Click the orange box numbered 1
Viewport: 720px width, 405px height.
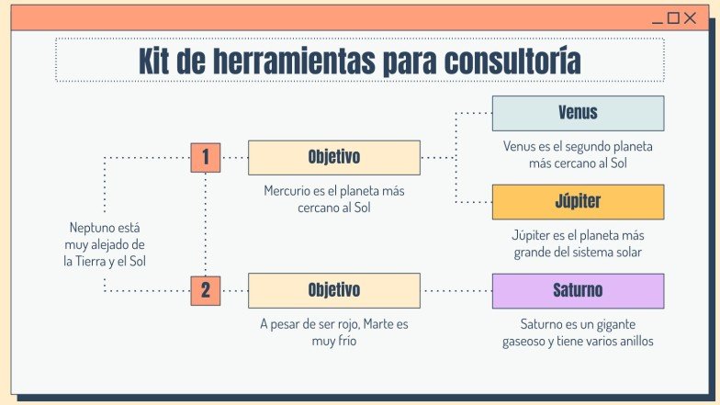coord(205,158)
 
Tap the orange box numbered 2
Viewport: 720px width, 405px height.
coord(205,290)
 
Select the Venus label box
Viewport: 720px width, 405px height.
coord(578,113)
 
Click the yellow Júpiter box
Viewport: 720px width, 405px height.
coord(578,201)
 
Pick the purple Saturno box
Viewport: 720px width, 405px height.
coord(578,290)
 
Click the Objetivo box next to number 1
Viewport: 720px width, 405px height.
coord(333,158)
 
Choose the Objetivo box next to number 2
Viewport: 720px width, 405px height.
coord(333,290)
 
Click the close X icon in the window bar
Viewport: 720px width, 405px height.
coord(690,17)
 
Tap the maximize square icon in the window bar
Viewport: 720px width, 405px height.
coord(673,17)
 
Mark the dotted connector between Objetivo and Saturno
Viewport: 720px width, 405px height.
coord(456,290)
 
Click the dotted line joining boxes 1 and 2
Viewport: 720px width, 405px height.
coord(205,224)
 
